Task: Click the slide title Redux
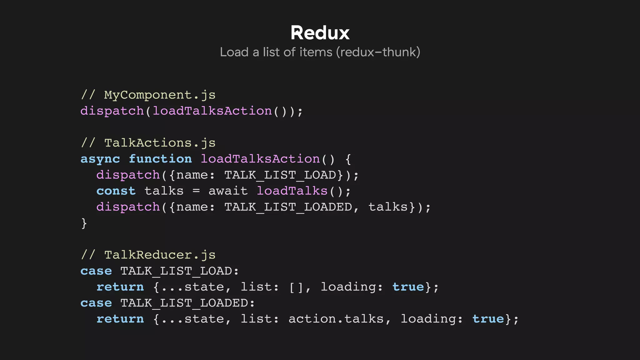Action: (320, 33)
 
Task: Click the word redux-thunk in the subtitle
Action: (378, 52)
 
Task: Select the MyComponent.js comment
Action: (148, 95)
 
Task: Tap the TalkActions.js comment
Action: (148, 143)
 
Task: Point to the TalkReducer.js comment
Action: (148, 255)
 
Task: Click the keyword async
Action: (100, 159)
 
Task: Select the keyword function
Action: (160, 159)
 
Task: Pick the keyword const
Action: (116, 191)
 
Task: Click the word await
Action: (228, 191)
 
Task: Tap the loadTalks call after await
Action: (292, 191)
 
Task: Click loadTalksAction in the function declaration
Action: (260, 159)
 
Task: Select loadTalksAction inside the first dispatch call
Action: (212, 111)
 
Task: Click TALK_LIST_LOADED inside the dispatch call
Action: (288, 207)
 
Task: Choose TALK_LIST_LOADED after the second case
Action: (184, 303)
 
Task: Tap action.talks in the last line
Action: (336, 319)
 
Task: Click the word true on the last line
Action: (488, 319)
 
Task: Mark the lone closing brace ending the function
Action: (84, 223)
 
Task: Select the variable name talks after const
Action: (164, 191)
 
